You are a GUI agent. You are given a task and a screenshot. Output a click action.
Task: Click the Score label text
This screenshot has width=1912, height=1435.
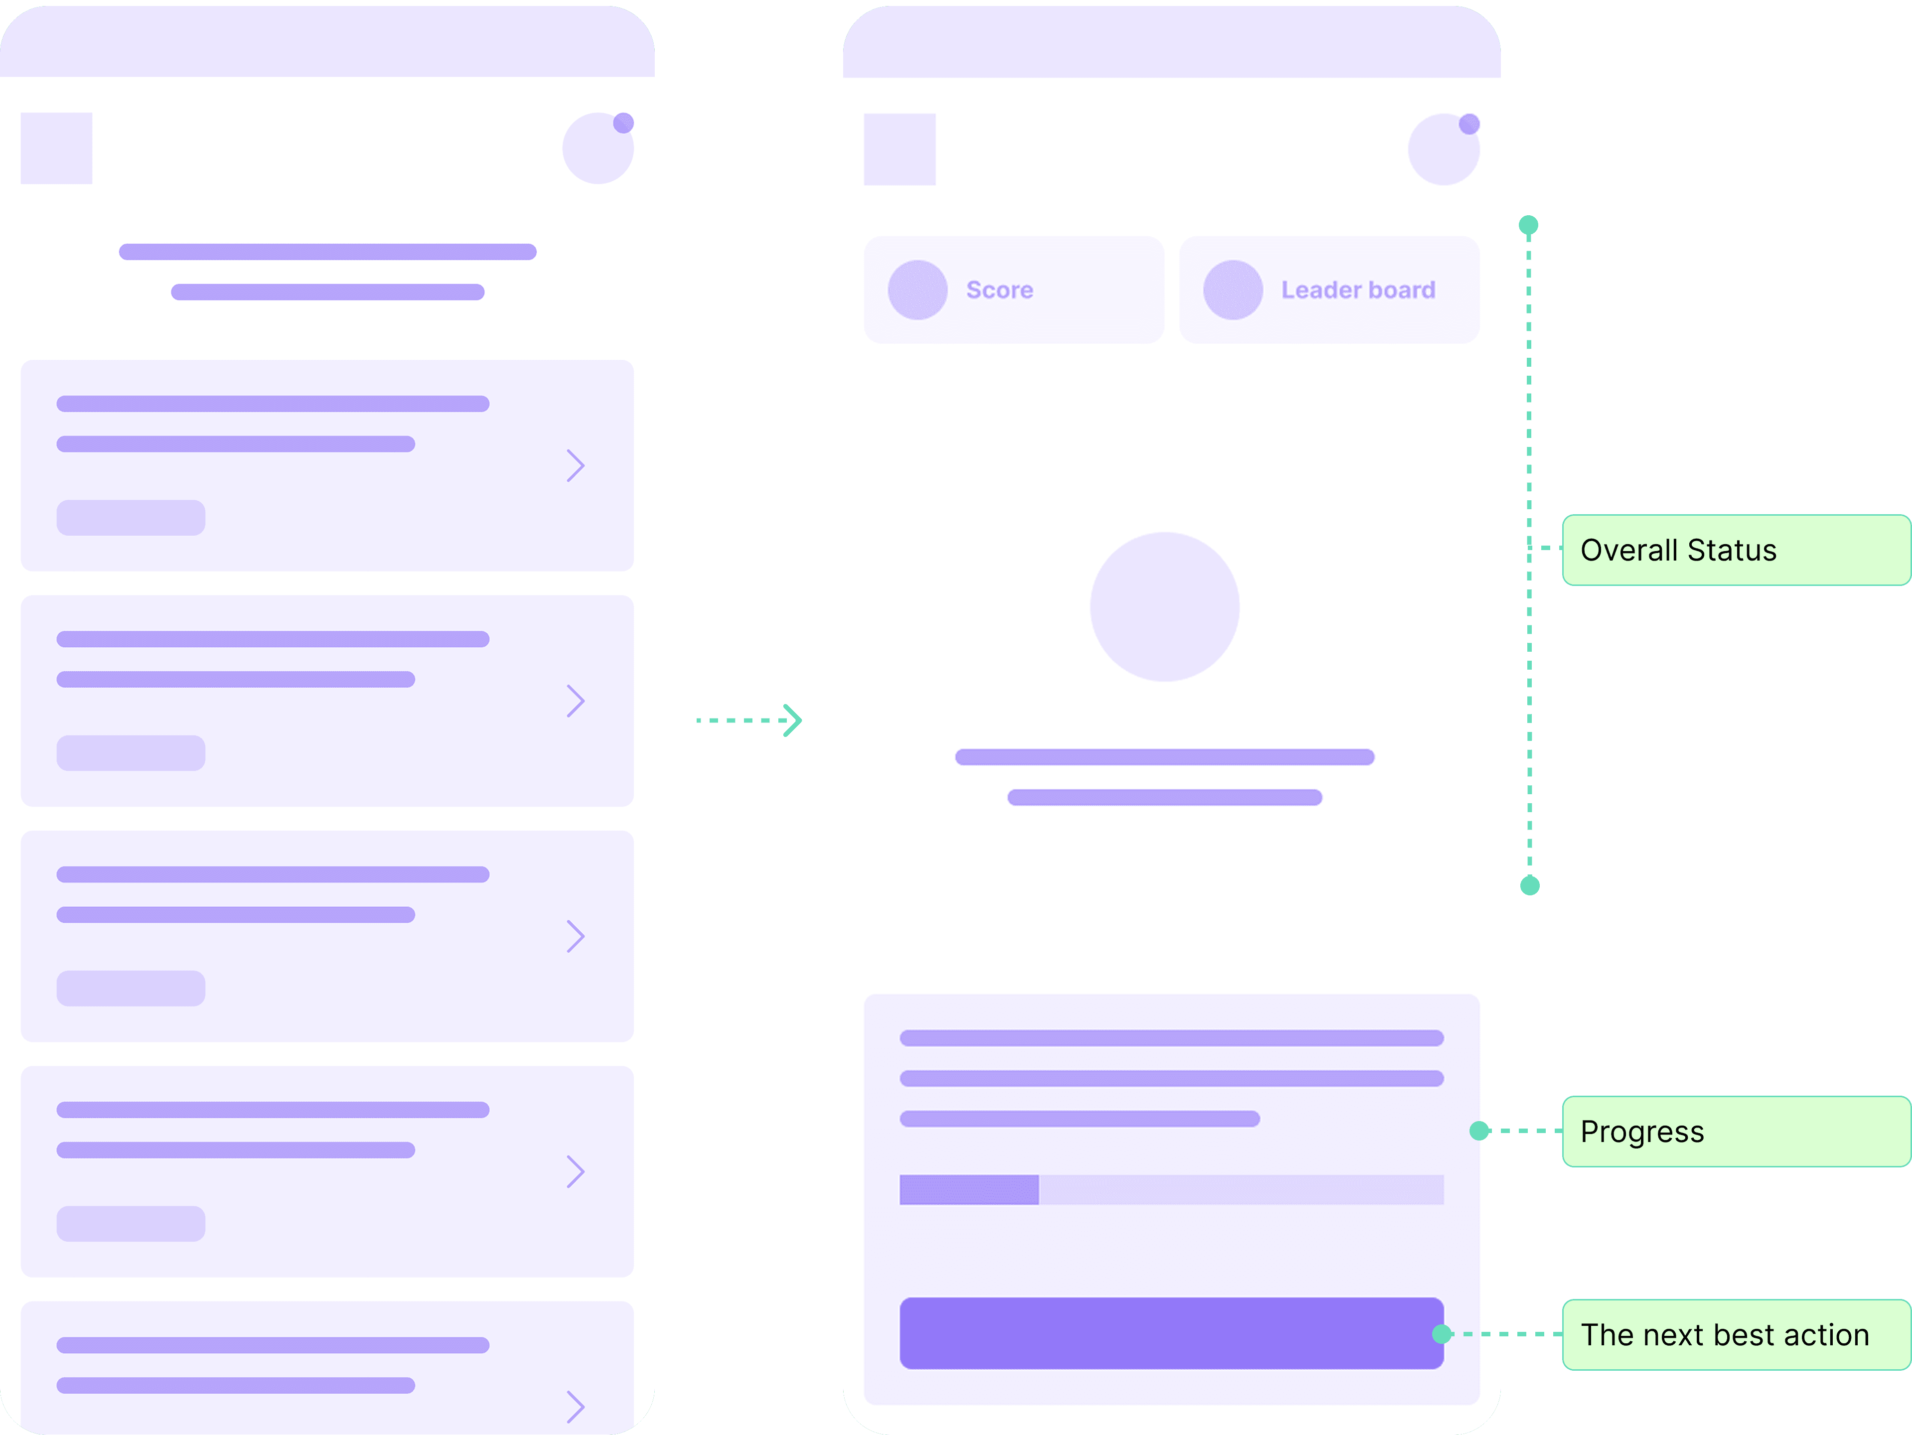pos(999,290)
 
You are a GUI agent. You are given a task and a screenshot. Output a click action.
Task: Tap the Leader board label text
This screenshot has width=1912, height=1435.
pos(1358,290)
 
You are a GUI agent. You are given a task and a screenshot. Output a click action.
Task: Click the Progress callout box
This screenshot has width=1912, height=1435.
pos(1736,1132)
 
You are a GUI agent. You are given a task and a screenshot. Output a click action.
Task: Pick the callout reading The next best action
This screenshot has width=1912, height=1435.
pos(1736,1335)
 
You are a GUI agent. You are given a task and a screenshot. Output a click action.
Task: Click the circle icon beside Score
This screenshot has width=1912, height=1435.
pos(918,290)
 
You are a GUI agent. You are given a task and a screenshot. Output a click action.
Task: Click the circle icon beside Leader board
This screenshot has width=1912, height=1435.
pos(1233,290)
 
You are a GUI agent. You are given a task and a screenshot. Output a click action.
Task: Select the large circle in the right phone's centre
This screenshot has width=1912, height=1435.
pos(1165,607)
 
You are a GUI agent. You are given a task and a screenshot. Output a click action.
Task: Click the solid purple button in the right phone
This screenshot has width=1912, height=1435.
pos(1171,1333)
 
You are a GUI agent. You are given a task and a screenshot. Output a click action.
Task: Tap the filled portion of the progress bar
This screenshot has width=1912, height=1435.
pos(969,1189)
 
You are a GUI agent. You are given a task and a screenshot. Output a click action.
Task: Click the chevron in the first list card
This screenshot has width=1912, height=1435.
pos(576,466)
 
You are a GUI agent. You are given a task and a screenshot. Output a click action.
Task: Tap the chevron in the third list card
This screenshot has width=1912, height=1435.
pos(576,936)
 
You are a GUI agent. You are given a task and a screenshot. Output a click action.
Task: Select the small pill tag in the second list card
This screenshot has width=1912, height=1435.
pos(131,753)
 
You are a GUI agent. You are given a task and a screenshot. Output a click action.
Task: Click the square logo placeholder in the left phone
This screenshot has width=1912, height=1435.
pos(56,148)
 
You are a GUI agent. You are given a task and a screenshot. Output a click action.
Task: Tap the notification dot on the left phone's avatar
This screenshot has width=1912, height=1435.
pos(623,123)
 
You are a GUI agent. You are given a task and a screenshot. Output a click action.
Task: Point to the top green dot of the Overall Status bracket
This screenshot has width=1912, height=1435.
pos(1528,226)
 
